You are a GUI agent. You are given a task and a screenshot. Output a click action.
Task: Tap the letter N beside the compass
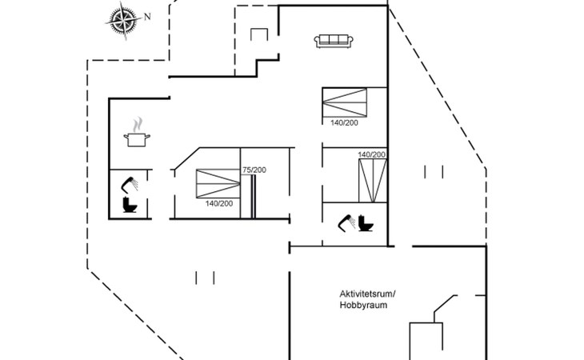click(x=146, y=15)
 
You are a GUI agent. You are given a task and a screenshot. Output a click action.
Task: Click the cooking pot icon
click(x=138, y=140)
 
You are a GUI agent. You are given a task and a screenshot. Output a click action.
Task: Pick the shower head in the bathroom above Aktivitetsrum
click(x=348, y=221)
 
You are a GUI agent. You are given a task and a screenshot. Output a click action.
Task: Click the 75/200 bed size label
click(x=254, y=170)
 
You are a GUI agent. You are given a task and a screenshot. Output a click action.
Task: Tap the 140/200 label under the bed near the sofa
click(x=344, y=122)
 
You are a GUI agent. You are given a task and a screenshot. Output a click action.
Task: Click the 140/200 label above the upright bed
click(x=372, y=154)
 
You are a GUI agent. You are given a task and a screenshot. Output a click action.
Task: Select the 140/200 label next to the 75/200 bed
click(x=219, y=203)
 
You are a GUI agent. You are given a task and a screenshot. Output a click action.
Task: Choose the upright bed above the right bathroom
click(x=372, y=180)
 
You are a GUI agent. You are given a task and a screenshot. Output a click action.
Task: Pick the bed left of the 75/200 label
click(x=218, y=183)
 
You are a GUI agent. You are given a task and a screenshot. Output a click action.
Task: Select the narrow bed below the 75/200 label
click(x=254, y=196)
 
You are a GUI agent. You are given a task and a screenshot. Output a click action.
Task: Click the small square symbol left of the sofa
click(x=259, y=35)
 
